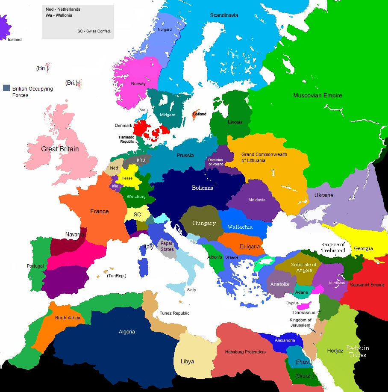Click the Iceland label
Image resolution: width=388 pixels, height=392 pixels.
click(15, 40)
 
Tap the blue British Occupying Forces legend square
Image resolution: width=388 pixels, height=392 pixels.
click(6, 88)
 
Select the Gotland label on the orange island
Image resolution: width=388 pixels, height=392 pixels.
click(200, 114)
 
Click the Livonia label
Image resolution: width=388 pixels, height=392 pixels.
click(235, 122)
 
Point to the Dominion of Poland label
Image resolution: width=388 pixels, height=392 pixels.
click(216, 162)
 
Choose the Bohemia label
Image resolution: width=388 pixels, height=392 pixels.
click(203, 188)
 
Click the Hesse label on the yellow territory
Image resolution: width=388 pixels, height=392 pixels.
click(127, 178)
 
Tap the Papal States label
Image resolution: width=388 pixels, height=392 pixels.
click(167, 246)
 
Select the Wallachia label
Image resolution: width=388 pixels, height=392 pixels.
click(240, 227)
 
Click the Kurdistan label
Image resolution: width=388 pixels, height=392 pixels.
click(337, 283)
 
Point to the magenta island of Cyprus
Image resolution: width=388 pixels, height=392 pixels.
click(305, 307)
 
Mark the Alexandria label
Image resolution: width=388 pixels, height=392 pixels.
click(285, 340)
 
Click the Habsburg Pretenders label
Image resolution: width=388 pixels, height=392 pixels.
click(245, 352)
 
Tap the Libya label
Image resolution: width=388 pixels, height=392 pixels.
click(187, 361)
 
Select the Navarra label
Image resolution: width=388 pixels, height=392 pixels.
click(75, 234)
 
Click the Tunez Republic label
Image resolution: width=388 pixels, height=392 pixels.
click(174, 313)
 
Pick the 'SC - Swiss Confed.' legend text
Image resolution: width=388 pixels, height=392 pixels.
click(94, 31)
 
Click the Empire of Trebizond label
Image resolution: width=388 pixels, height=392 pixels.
click(333, 248)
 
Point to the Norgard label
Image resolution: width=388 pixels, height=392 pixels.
click(165, 29)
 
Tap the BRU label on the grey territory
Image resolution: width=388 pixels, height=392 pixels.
click(141, 160)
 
